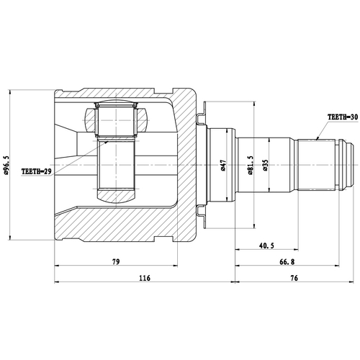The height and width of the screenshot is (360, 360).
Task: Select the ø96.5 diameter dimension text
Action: pyautogui.click(x=6, y=164)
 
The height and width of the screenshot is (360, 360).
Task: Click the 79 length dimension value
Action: pyautogui.click(x=116, y=264)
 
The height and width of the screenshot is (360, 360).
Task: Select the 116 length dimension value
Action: pyautogui.click(x=145, y=279)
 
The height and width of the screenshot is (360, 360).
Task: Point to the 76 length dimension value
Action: pyautogui.click(x=295, y=279)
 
